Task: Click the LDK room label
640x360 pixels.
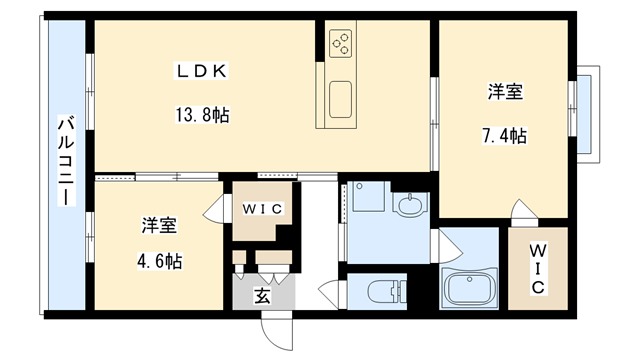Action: [204, 71]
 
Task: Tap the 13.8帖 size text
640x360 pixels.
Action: [204, 115]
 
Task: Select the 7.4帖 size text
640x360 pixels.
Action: [506, 136]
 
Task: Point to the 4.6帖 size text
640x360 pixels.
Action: [159, 262]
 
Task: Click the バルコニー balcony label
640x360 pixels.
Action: [65, 161]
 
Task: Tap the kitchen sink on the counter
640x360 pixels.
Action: [340, 100]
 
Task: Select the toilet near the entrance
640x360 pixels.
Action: [384, 293]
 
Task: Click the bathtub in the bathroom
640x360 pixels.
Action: [471, 291]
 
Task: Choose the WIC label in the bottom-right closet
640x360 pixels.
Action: [536, 267]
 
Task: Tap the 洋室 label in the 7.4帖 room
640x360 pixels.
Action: [506, 93]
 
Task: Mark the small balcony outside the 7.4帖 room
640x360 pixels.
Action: [587, 111]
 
